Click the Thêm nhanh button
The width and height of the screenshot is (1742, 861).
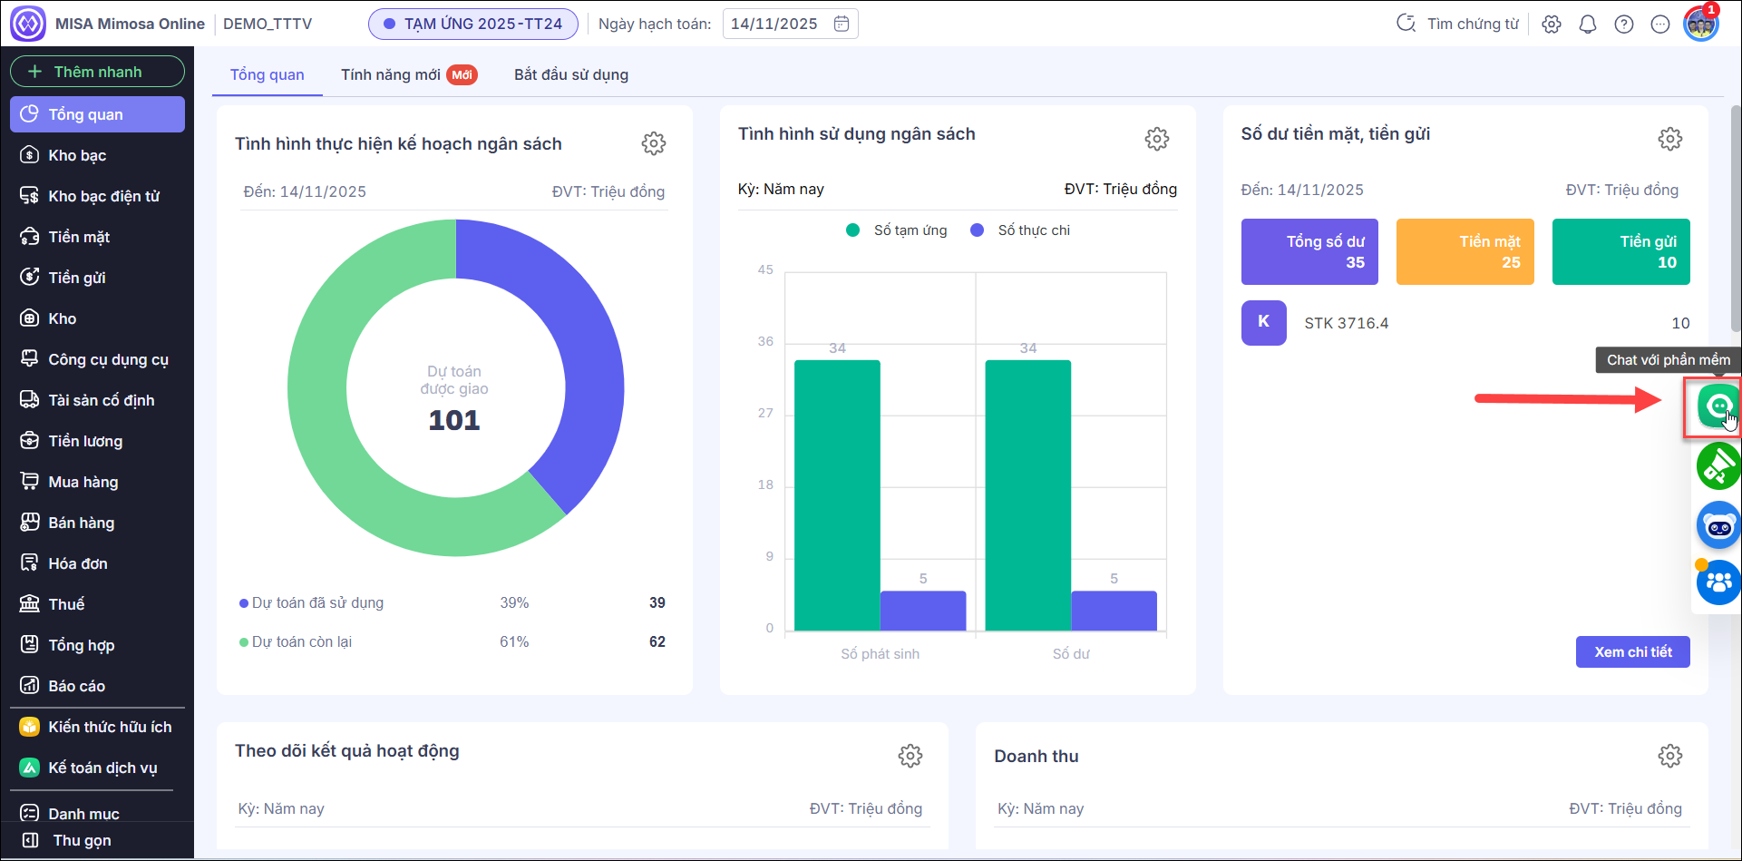97,72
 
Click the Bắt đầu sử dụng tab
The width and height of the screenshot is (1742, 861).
571,74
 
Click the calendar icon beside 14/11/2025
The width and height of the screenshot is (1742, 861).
842,24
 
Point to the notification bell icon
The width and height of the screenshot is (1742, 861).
1588,24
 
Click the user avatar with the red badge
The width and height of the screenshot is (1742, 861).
1700,24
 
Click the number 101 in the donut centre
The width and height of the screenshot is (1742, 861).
454,420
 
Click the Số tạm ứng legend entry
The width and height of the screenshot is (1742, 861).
897,230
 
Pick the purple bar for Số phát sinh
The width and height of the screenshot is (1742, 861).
923,611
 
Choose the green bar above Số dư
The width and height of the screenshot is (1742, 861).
1027,494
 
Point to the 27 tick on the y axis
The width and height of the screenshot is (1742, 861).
766,413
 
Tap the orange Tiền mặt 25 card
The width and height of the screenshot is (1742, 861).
1465,251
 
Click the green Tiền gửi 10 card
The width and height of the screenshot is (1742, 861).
1620,251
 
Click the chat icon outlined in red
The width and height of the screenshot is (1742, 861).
1717,406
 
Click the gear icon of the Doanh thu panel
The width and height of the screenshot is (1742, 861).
1669,756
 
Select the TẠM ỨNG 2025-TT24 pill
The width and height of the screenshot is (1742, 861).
472,24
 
